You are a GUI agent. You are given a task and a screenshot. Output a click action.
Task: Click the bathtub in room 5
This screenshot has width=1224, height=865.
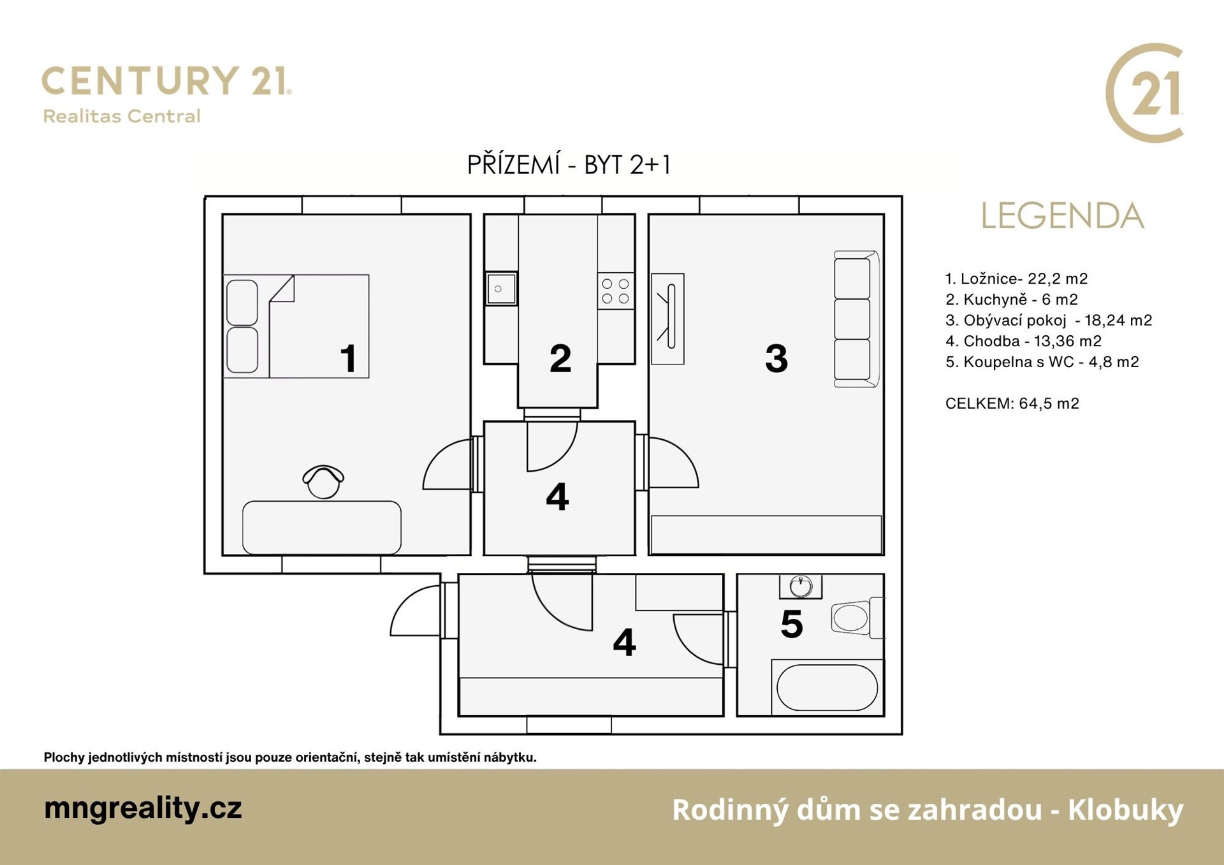click(827, 688)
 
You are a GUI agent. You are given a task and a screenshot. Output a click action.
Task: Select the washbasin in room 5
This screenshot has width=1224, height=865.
click(800, 586)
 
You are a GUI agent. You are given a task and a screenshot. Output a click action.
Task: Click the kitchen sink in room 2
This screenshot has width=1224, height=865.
click(501, 289)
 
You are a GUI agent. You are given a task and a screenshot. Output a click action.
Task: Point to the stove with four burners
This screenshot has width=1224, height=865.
click(616, 291)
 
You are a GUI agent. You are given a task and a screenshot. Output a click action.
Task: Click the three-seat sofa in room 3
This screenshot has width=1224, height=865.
click(856, 319)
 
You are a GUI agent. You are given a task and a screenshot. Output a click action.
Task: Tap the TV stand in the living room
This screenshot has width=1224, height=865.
click(667, 319)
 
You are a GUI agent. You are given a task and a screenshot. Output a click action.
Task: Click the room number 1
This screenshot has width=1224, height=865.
click(349, 358)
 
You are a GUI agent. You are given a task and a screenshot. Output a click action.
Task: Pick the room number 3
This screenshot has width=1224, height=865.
click(776, 358)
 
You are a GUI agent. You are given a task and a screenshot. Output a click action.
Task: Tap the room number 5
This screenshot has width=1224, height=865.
click(792, 624)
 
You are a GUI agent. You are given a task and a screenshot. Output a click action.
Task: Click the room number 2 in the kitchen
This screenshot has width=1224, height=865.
click(560, 358)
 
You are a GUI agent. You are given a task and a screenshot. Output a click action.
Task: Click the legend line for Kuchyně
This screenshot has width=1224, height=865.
click(1012, 300)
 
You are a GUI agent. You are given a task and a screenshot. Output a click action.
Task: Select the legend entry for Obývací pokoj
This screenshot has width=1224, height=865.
click(1049, 321)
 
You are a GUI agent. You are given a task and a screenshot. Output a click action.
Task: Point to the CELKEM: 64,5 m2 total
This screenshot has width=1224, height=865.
click(1012, 403)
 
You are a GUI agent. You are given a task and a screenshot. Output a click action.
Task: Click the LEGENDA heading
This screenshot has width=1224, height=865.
click(1063, 216)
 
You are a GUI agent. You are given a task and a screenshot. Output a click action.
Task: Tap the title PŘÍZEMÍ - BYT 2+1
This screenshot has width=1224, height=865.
click(569, 165)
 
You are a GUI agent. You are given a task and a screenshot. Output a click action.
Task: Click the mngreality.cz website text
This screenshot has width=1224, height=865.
click(143, 809)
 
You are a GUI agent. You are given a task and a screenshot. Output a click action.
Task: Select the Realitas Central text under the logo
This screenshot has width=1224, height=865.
click(122, 116)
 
